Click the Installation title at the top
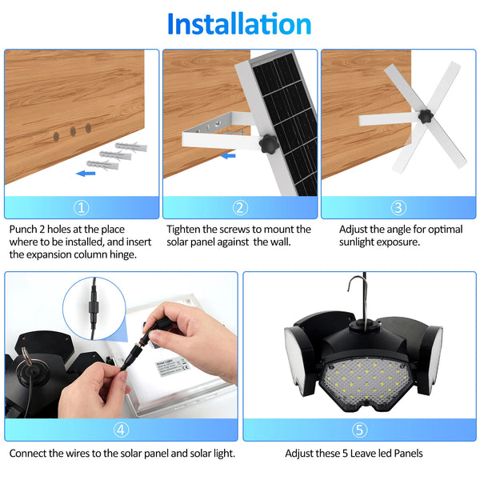[x=239, y=24]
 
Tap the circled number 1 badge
[x=81, y=208]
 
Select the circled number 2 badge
[x=240, y=208]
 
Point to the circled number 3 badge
[x=398, y=208]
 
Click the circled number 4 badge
[x=121, y=430]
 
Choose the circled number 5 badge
[x=359, y=430]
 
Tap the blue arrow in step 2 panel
[x=229, y=155]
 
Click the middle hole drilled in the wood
[x=72, y=130]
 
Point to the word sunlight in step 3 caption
[x=360, y=242]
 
